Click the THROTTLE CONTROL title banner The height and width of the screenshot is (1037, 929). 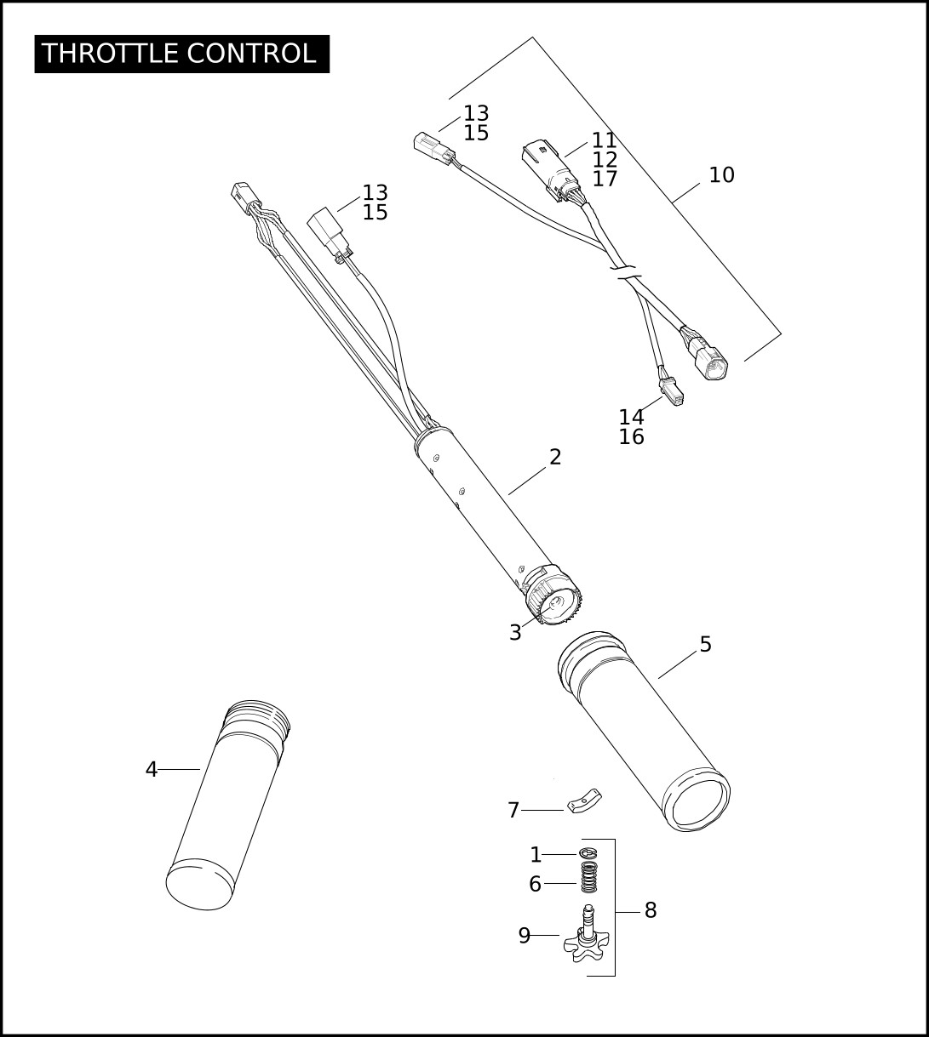pyautogui.click(x=182, y=54)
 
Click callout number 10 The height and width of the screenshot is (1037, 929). pyautogui.click(x=721, y=175)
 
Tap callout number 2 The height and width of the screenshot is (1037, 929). pyautogui.click(x=555, y=458)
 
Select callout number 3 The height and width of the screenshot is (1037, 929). pyautogui.click(x=515, y=633)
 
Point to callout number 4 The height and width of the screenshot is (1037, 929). pyautogui.click(x=152, y=769)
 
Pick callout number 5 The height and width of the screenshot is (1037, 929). pyautogui.click(x=706, y=645)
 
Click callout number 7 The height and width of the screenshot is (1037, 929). pyautogui.click(x=513, y=810)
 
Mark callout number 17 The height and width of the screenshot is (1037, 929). pyautogui.click(x=605, y=179)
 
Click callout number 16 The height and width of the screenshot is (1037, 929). pyautogui.click(x=631, y=437)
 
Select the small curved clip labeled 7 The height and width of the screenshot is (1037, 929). pyautogui.click(x=584, y=800)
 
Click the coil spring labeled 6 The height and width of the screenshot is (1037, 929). pyautogui.click(x=590, y=877)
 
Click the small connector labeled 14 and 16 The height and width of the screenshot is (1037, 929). pyautogui.click(x=671, y=392)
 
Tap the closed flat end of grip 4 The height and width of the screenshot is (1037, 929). pyautogui.click(x=200, y=887)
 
